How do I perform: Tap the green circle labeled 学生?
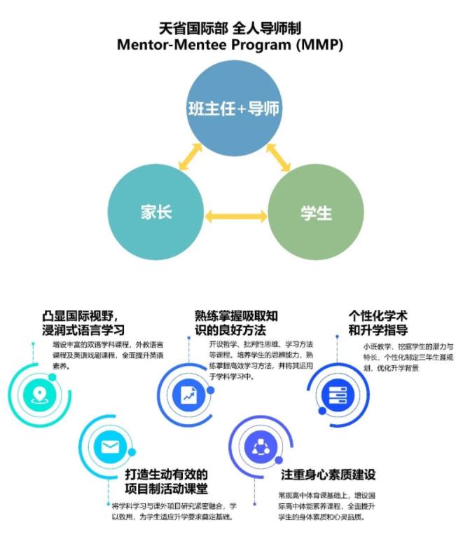[316, 212]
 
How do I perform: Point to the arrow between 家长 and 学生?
[236, 216]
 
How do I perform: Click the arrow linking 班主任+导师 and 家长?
[191, 157]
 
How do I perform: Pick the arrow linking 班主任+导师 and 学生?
[278, 158]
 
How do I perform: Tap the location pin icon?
[39, 393]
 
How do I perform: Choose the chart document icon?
[188, 393]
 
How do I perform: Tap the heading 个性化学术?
[378, 315]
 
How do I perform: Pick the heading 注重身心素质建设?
[327, 475]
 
